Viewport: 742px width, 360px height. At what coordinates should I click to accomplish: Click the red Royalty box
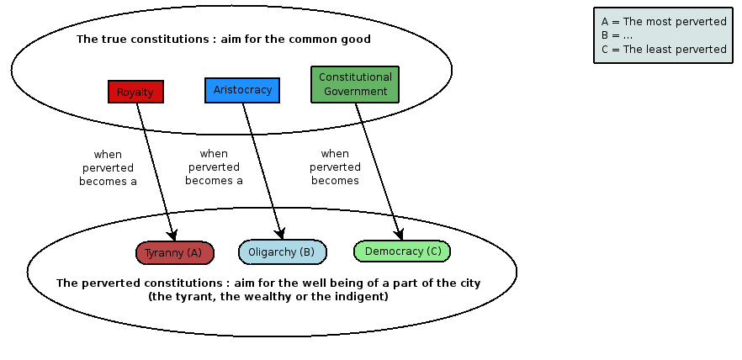pos(135,92)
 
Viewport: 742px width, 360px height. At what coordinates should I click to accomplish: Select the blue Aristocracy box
pos(242,90)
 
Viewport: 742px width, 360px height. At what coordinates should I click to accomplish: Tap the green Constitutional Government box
pos(355,84)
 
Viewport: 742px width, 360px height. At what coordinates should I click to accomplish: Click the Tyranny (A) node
pos(174,252)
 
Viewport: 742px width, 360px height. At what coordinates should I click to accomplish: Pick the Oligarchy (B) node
pos(282,251)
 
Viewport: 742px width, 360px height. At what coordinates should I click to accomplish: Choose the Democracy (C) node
pos(402,251)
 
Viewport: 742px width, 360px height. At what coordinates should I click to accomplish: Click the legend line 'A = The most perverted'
pos(664,22)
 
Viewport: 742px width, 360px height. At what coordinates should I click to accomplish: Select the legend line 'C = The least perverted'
pos(664,49)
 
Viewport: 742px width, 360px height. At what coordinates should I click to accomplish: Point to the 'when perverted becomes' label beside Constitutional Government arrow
pos(335,167)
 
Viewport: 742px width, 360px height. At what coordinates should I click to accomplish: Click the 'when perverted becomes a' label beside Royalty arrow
pos(108,167)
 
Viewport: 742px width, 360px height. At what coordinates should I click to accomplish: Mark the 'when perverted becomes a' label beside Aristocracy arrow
pos(214,167)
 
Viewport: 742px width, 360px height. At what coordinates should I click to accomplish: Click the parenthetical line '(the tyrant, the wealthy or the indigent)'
pos(268,296)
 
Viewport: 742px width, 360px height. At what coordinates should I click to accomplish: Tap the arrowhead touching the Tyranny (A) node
pos(173,237)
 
